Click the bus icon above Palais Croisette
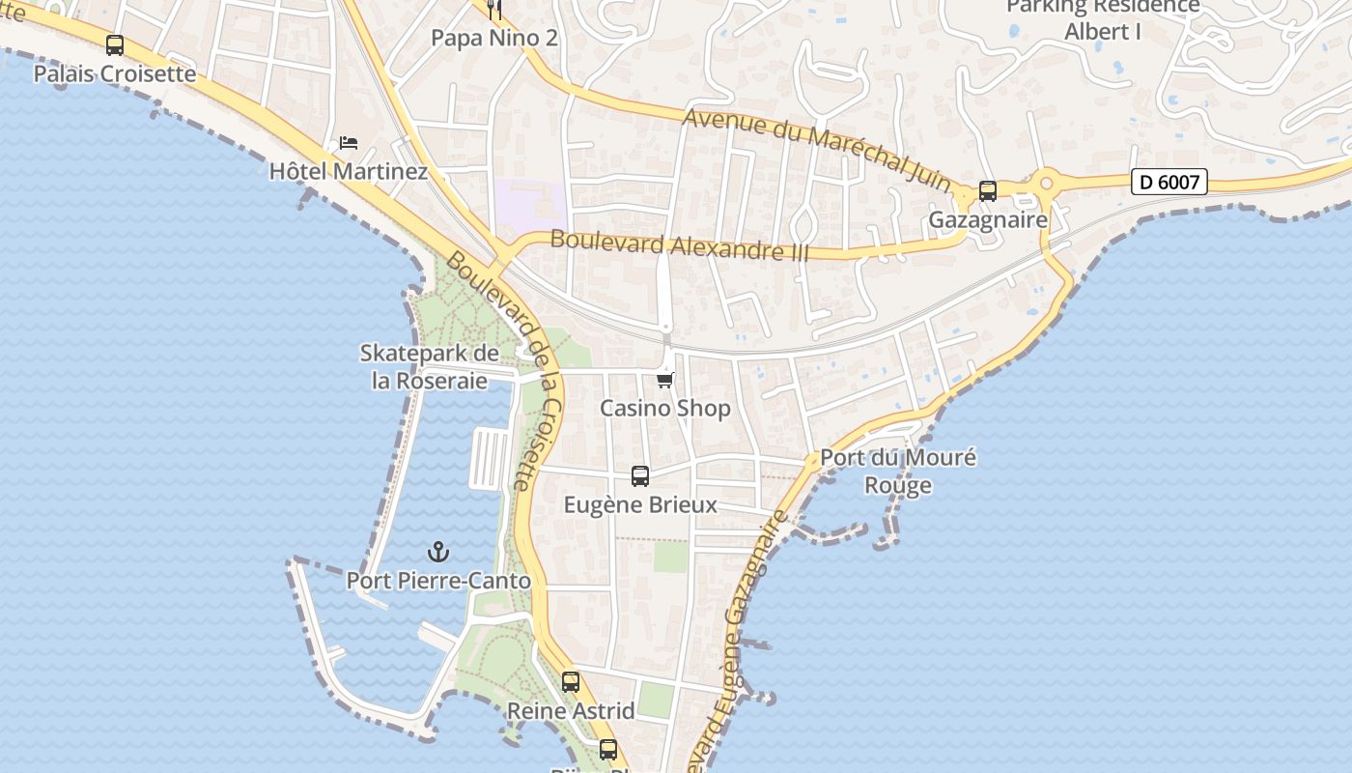point(115,45)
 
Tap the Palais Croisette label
point(114,73)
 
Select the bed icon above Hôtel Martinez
point(349,143)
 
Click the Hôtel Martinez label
point(348,172)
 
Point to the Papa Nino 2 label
point(493,38)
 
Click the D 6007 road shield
point(1169,182)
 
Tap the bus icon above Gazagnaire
point(987,191)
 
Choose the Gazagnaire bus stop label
point(987,220)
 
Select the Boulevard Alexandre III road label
point(680,245)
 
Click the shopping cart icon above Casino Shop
point(664,380)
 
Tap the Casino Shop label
point(664,409)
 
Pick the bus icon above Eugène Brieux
point(639,475)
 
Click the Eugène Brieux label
point(639,504)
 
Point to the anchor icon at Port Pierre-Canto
point(438,552)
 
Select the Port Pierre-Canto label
point(438,581)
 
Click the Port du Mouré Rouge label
point(897,472)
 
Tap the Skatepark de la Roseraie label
point(429,367)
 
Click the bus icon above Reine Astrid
point(571,682)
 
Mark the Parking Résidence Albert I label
point(1103,19)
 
